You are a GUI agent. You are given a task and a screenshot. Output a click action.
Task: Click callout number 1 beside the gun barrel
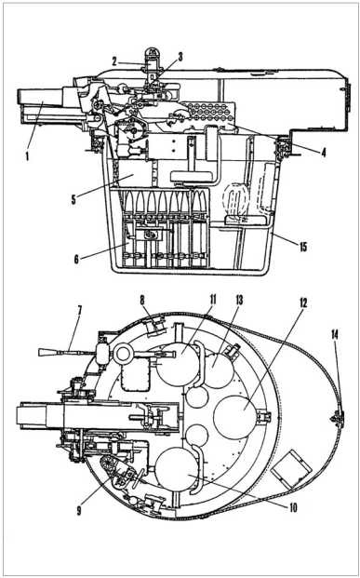click(x=27, y=157)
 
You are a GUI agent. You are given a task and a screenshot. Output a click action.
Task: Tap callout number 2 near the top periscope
click(x=114, y=62)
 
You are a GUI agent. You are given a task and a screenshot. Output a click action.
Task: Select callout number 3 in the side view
click(x=180, y=56)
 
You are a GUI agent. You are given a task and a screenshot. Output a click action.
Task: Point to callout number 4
click(x=323, y=153)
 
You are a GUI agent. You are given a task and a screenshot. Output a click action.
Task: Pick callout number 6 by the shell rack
click(x=76, y=260)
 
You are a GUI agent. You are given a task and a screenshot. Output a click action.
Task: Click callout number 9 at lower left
click(x=79, y=512)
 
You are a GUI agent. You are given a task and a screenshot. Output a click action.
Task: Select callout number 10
click(x=293, y=508)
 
